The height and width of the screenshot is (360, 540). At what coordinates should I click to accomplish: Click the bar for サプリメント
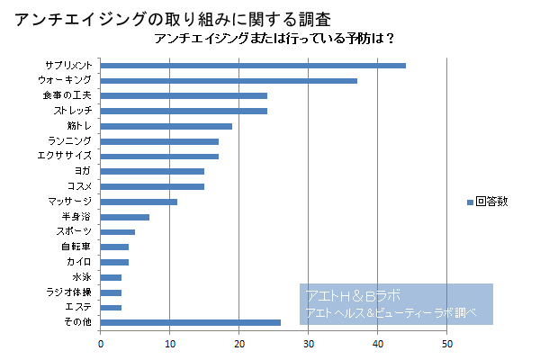[x=253, y=65]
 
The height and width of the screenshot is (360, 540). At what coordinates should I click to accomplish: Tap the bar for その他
[x=191, y=322]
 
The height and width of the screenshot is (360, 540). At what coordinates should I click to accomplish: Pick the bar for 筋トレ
[x=166, y=126]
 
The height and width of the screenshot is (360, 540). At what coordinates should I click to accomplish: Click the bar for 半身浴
[x=125, y=217]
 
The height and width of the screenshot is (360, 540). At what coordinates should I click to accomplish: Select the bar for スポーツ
[x=118, y=232]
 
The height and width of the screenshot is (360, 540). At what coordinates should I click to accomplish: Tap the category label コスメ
[x=79, y=186]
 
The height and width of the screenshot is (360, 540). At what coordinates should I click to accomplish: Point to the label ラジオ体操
[x=69, y=292]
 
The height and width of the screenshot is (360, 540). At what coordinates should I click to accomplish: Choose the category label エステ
[x=78, y=308]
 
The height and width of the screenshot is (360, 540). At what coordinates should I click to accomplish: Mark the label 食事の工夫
[x=67, y=95]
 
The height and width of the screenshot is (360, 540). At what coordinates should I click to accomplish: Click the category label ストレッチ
[x=72, y=111]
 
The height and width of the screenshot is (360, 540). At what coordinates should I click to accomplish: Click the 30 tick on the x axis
[x=309, y=343]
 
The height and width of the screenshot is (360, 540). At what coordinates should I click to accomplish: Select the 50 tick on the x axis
[x=446, y=343]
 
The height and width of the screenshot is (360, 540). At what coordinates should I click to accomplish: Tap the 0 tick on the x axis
[x=101, y=343]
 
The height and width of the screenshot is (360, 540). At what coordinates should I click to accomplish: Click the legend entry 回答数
[x=491, y=201]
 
